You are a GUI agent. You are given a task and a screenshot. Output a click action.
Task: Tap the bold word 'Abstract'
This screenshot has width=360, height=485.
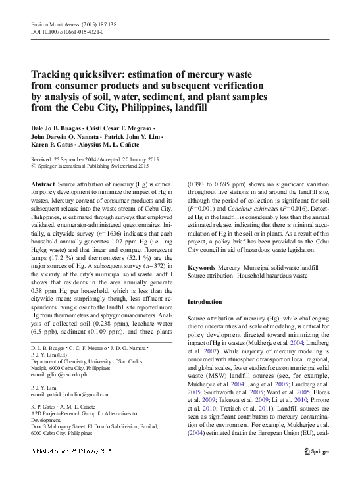click(43, 185)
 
